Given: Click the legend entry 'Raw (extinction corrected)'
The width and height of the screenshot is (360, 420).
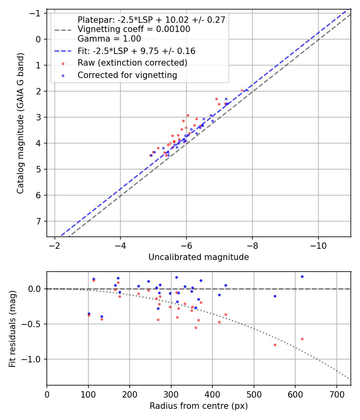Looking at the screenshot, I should tap(132, 63).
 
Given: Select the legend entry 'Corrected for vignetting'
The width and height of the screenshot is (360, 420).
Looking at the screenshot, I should tap(127, 75).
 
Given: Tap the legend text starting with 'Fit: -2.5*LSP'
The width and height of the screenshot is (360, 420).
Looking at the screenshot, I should tap(136, 51).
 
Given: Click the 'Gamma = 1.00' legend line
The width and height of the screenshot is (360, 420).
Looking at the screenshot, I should tap(109, 39).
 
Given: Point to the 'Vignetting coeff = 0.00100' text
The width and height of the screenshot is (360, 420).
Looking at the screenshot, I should tap(134, 29).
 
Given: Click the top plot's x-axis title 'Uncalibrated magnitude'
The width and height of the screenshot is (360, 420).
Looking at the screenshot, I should tap(198, 257).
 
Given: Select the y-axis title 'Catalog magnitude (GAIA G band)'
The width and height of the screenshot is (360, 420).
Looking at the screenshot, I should tap(20, 123).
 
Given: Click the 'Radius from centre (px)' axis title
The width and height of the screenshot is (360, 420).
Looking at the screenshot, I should tap(198, 406).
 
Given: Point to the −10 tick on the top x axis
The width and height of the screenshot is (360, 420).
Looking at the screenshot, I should tap(318, 245).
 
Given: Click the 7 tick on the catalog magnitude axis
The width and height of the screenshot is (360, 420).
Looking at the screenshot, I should tap(39, 221).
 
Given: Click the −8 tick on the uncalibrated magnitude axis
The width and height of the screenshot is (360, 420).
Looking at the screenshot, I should tap(252, 245).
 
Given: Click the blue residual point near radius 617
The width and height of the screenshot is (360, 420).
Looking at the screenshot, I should tap(302, 276).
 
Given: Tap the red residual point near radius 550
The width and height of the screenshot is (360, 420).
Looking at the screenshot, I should tap(275, 345).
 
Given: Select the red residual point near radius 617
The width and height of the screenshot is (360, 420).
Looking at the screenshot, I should tap(302, 339).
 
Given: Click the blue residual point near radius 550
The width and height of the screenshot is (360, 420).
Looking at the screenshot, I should tap(275, 296).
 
